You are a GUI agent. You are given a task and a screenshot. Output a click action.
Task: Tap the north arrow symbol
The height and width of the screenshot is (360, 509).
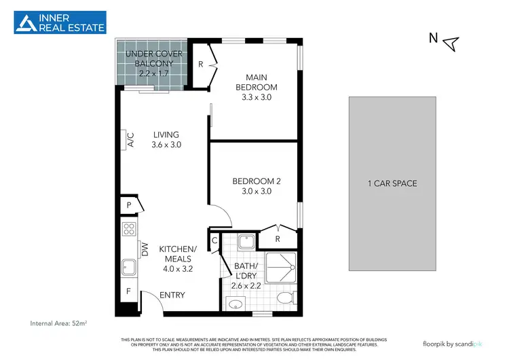tap(451, 43)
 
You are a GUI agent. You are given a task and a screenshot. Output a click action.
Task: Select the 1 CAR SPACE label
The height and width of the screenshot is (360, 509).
tap(392, 183)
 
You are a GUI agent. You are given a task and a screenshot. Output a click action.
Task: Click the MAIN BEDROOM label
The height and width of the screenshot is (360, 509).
tap(256, 87)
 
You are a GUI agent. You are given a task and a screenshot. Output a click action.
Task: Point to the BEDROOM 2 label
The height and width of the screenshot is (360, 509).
tap(256, 181)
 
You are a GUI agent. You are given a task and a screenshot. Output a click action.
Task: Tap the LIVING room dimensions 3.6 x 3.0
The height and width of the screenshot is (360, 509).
tap(166, 145)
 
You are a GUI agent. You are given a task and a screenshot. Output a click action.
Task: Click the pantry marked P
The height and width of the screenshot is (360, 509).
tap(128, 204)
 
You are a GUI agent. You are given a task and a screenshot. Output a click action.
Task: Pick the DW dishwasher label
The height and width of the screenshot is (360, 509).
tap(144, 249)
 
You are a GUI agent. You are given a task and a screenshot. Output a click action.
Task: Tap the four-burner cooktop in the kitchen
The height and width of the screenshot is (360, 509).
tap(128, 228)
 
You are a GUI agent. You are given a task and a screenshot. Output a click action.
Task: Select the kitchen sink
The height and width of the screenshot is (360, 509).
tap(128, 268)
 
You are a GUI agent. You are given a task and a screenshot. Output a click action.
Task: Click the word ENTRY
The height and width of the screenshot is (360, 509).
tap(172, 295)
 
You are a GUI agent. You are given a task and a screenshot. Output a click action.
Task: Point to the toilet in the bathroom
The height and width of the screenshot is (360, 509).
tap(287, 298)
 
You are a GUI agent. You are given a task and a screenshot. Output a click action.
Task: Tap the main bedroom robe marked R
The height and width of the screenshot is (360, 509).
tap(201, 65)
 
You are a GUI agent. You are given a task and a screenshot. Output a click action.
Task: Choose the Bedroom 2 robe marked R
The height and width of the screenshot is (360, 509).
tap(278, 238)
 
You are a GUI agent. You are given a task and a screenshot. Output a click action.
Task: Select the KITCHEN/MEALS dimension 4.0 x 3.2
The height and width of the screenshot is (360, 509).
tap(177, 268)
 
